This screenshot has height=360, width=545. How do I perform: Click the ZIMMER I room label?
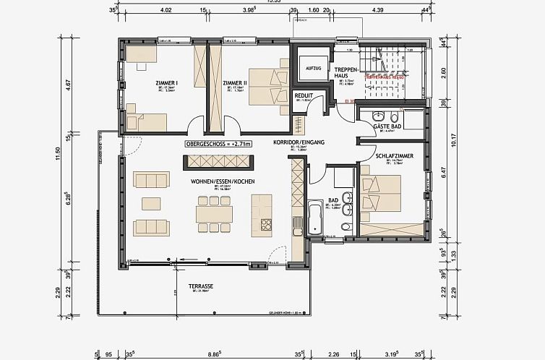tap(166, 83)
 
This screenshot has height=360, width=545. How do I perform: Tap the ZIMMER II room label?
tap(235, 83)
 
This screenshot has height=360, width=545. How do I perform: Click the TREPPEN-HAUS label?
tap(343, 72)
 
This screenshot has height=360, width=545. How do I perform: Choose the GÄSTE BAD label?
tap(382, 126)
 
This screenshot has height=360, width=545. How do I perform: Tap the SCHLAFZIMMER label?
tap(394, 156)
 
